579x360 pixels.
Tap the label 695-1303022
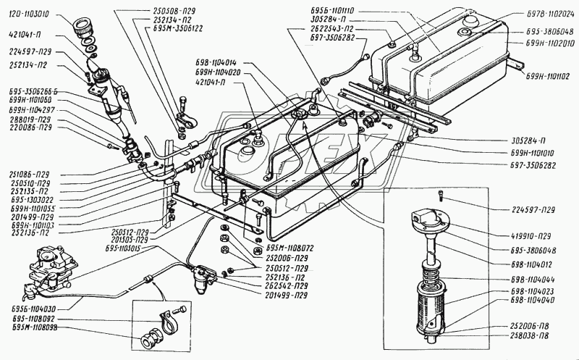tap(27, 200)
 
